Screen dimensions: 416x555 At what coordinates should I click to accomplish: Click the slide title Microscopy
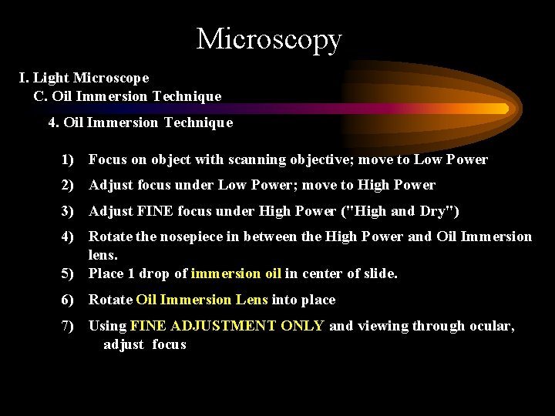(268, 39)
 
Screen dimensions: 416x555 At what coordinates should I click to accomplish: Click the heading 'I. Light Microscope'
(84, 78)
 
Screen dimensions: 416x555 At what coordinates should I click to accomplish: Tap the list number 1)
(68, 159)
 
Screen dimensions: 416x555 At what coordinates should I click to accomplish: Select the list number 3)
(68, 211)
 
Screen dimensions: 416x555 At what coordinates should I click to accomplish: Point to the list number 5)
(68, 273)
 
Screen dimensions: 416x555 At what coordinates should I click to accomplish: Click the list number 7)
(68, 326)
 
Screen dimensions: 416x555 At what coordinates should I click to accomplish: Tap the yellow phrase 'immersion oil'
(236, 273)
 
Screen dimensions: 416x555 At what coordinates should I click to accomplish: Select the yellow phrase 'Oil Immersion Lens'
(202, 300)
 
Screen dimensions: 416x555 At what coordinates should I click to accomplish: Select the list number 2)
(68, 185)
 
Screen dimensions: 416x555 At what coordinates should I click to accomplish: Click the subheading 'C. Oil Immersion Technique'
(127, 96)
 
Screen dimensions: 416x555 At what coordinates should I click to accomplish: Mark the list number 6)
(68, 300)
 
